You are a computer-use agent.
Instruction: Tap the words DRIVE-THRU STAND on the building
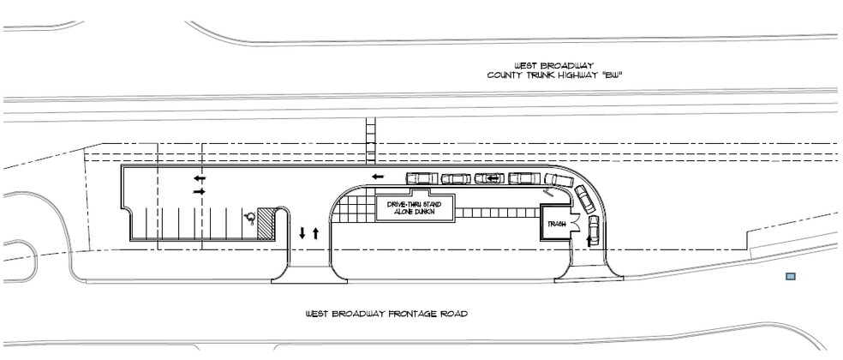click(415, 205)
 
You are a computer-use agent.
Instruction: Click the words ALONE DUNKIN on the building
click(415, 213)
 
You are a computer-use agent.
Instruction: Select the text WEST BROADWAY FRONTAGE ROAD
click(386, 313)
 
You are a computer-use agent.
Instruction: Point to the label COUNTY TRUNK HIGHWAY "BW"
click(554, 75)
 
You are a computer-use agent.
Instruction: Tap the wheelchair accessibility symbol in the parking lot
click(249, 218)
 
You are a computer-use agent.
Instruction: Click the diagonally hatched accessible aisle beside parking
click(266, 223)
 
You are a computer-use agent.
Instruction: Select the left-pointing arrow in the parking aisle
click(200, 178)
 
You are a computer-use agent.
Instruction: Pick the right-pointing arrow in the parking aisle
click(200, 191)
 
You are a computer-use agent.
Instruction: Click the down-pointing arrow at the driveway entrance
click(302, 233)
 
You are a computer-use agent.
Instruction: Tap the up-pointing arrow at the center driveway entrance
click(315, 233)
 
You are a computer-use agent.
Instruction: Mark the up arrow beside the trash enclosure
click(589, 239)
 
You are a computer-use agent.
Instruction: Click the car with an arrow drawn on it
click(490, 178)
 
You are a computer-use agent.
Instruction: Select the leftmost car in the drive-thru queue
click(422, 178)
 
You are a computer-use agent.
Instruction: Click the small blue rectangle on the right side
click(790, 276)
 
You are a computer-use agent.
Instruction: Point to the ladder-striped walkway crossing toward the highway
click(371, 141)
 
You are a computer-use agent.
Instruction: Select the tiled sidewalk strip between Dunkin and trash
click(497, 213)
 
